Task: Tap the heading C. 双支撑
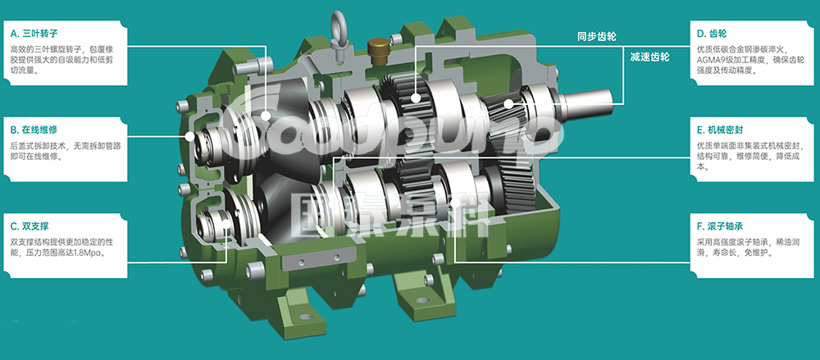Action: click(30, 226)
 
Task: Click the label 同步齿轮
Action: click(597, 37)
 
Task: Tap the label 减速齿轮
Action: click(649, 57)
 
